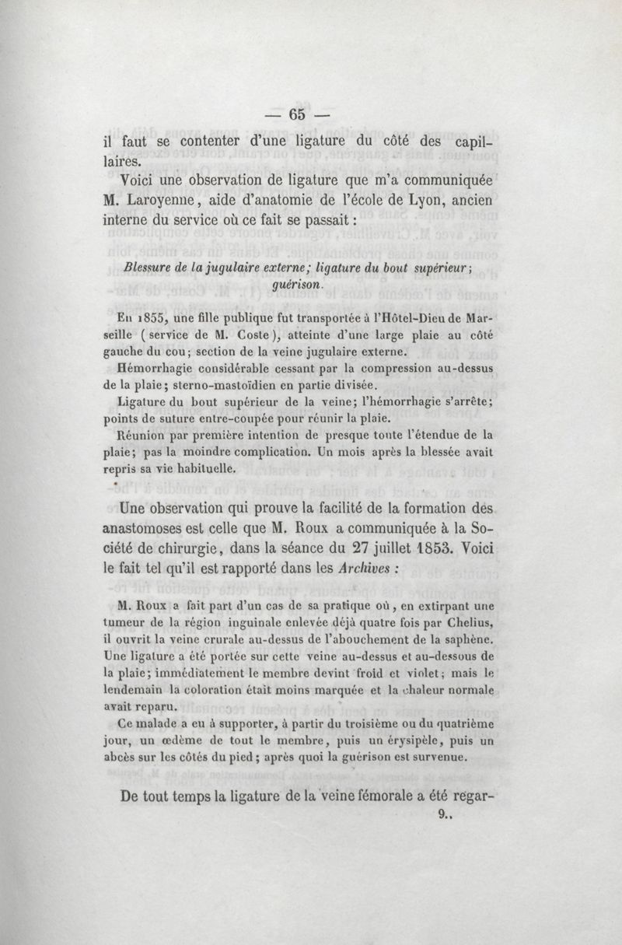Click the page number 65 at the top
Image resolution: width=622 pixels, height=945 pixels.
(297, 114)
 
